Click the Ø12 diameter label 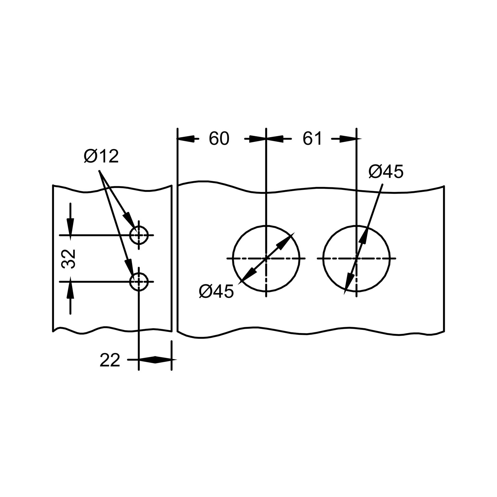click(x=101, y=156)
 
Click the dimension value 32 click(x=69, y=258)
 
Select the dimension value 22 click(x=110, y=361)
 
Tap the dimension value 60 click(x=219, y=139)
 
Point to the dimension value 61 click(x=312, y=139)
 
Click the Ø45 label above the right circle click(x=386, y=172)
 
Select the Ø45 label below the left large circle click(x=216, y=292)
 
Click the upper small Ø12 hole click(x=139, y=235)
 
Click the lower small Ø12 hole click(x=139, y=282)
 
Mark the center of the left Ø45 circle click(x=266, y=258)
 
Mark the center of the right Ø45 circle click(x=356, y=258)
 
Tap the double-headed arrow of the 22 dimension click(x=155, y=360)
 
